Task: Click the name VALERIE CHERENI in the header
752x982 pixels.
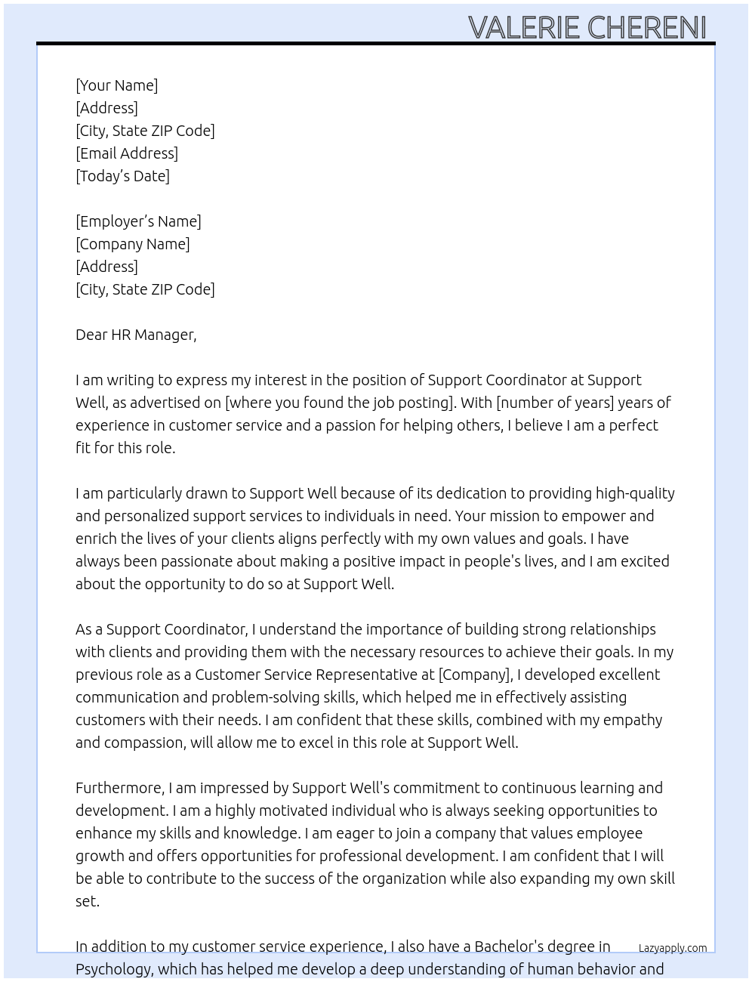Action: pos(587,27)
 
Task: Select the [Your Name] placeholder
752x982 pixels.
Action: pos(117,85)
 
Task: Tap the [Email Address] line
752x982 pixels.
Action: pos(127,153)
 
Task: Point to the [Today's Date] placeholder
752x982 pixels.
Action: pos(122,176)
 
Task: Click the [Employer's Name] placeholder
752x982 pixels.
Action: pos(138,221)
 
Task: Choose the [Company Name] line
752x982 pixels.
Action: pos(133,244)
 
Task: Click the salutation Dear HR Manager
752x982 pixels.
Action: pos(136,335)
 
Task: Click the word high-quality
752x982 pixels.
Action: pos(635,493)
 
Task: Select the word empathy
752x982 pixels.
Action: pos(632,720)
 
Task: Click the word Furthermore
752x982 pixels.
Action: pos(119,788)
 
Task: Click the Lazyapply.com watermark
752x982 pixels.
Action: pos(673,948)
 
